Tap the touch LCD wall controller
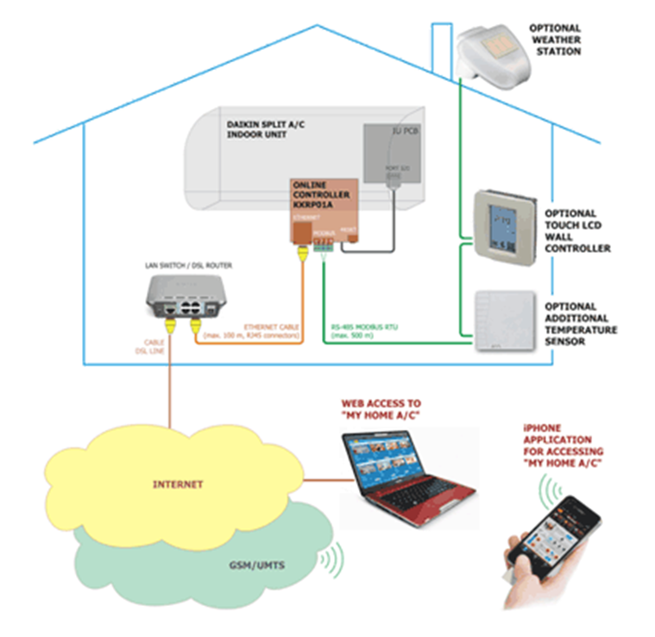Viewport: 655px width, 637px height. coord(504,223)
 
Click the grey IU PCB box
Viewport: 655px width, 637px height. coord(394,153)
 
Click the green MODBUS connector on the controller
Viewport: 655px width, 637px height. coord(322,243)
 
